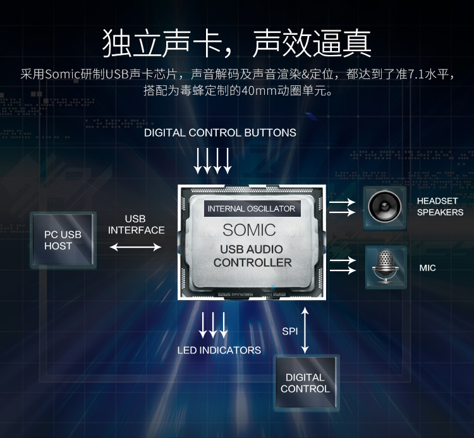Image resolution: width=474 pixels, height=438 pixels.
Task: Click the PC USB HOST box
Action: [63, 240]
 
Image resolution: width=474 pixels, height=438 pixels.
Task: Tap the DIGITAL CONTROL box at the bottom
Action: [307, 382]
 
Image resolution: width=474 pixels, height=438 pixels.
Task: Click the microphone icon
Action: [386, 267]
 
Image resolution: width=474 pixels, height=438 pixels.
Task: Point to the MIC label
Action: [427, 268]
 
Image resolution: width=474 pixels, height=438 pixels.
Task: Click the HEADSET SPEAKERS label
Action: [440, 207]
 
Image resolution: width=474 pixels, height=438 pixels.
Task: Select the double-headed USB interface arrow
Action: [135, 247]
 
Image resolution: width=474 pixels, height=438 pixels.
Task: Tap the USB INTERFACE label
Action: [136, 224]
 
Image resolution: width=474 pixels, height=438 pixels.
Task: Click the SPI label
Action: [290, 331]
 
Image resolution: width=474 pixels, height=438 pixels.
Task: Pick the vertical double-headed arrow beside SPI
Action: [305, 331]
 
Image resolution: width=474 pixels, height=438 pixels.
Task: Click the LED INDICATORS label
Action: [219, 350]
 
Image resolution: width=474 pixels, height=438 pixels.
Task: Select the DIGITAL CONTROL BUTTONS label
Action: [220, 133]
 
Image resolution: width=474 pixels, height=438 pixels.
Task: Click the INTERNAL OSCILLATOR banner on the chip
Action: [252, 209]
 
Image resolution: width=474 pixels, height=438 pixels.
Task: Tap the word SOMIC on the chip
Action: [250, 230]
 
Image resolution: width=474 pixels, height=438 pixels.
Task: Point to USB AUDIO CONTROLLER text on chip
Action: [252, 256]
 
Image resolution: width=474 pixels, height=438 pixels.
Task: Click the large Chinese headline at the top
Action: [236, 44]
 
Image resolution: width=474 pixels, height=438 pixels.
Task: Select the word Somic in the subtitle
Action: [63, 75]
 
